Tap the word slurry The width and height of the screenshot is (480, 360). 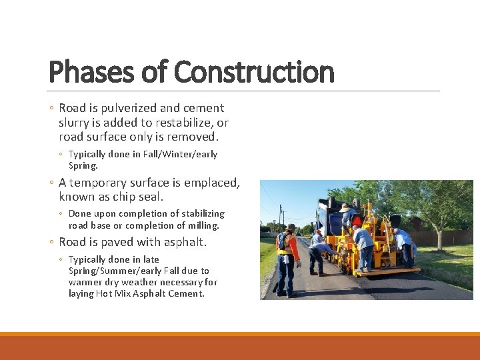77,123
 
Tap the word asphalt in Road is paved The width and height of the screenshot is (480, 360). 183,242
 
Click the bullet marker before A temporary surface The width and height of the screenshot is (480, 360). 53,183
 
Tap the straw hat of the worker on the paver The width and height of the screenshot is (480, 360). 345,207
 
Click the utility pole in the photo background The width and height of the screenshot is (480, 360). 281,217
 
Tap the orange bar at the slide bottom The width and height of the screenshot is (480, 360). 240,346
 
